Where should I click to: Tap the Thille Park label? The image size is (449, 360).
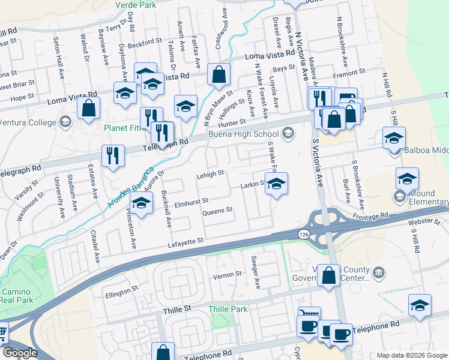(228, 309)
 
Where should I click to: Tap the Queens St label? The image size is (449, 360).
(217, 211)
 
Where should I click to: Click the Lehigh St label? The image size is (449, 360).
(209, 173)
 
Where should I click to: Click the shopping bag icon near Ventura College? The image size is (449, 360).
(89, 109)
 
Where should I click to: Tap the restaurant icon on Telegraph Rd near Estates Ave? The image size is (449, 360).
(112, 156)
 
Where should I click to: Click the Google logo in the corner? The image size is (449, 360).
(19, 352)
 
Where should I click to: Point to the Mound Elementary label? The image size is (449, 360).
(428, 202)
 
